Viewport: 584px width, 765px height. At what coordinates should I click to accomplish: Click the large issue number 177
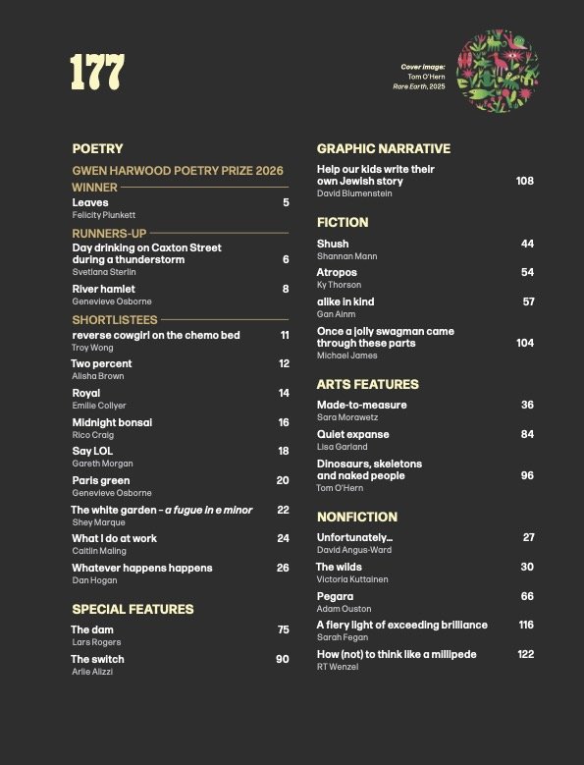coord(97,72)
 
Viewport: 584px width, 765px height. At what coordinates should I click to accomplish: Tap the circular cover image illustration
coord(498,71)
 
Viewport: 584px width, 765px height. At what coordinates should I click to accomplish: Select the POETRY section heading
coord(97,149)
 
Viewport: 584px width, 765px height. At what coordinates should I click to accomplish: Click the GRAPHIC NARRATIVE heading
coord(384,149)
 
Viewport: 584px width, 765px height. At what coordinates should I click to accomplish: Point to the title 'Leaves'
coord(90,202)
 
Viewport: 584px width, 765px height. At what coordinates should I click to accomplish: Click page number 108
coord(524,181)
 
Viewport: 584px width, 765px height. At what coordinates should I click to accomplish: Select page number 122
coord(525,654)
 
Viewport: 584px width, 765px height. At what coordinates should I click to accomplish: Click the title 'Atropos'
coord(337,272)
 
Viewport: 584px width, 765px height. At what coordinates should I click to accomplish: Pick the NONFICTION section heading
coord(357,517)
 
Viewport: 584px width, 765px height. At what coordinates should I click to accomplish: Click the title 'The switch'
coord(97,659)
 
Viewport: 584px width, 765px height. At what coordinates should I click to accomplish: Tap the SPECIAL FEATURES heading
coord(133,609)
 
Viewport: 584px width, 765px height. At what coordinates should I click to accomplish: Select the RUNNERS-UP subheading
coord(104,233)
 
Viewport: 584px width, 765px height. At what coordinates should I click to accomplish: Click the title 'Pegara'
coord(335,596)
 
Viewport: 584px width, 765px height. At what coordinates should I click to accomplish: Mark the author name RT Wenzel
coord(338,667)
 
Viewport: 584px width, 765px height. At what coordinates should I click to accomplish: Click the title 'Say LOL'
coord(92,451)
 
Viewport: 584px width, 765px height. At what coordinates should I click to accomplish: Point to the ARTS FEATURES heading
coord(367,384)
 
